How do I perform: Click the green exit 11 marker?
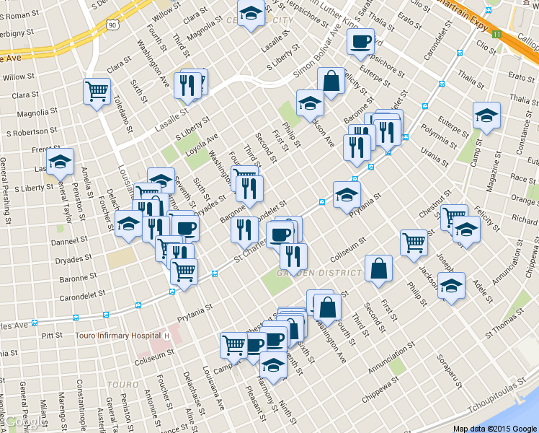[496, 34]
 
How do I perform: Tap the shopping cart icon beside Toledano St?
[96, 91]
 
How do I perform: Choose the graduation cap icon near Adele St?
[451, 286]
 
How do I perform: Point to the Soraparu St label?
[447, 368]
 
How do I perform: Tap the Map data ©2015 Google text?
[494, 428]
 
